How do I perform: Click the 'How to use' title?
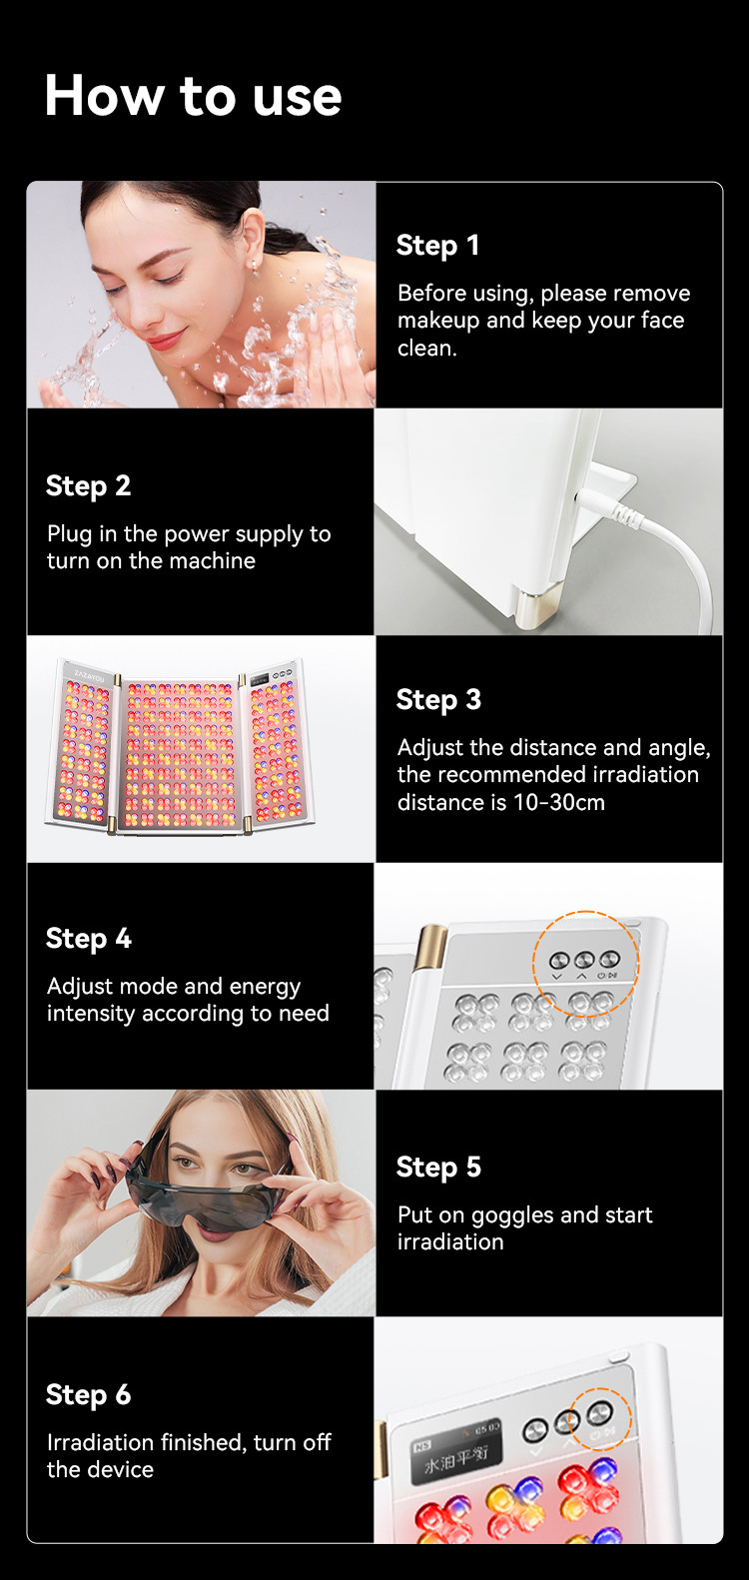click(194, 95)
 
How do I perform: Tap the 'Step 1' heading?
click(437, 246)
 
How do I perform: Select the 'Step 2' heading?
click(88, 486)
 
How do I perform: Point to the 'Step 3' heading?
click(438, 700)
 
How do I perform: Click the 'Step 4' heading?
click(88, 939)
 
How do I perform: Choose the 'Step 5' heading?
click(438, 1168)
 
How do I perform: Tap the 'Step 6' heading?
click(88, 1395)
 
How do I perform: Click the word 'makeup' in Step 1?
click(438, 321)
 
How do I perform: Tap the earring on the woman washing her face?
click(254, 267)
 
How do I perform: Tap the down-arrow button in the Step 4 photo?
click(558, 960)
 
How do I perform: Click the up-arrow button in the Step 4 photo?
click(584, 960)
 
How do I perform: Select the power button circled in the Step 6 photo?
click(599, 1411)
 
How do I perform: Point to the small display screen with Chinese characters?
click(456, 1450)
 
